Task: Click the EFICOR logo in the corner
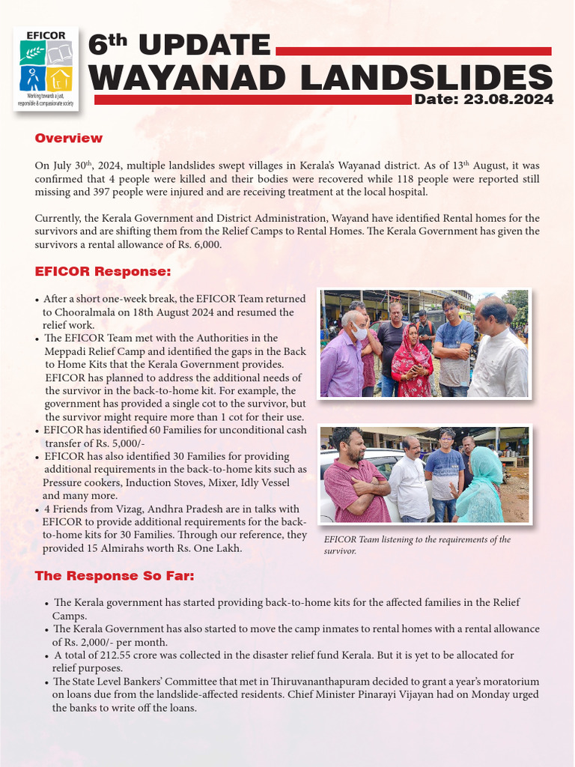tap(46, 68)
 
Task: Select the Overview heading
tap(69, 139)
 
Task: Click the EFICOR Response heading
tap(103, 270)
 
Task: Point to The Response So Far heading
tap(115, 576)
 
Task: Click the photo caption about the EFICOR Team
tap(417, 545)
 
